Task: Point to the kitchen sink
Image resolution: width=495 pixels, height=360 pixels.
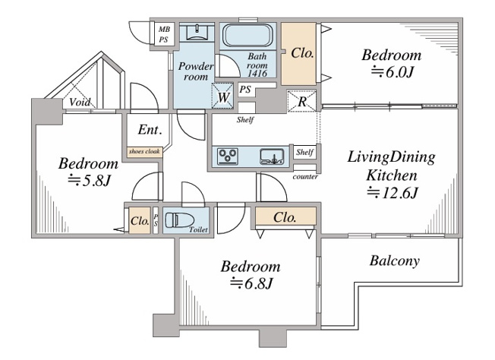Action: click(271, 156)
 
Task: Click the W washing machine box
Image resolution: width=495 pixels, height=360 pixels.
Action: click(223, 96)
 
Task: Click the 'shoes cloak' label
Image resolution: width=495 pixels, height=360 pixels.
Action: click(143, 151)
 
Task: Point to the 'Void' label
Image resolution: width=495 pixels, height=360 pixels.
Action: click(80, 103)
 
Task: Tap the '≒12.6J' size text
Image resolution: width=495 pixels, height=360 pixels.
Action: click(391, 193)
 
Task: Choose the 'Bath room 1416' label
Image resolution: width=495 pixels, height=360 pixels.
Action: click(258, 66)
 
